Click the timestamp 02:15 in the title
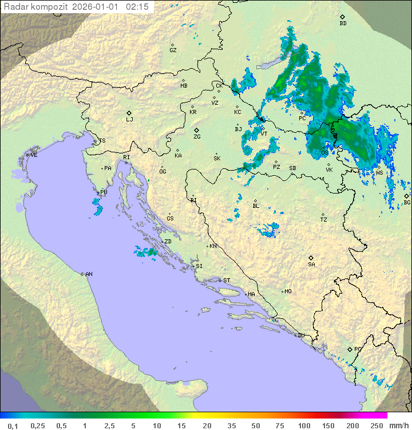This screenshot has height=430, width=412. click(x=137, y=7)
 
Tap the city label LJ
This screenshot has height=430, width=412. click(x=129, y=119)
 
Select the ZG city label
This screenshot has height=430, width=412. click(x=197, y=137)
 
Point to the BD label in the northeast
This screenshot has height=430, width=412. click(x=343, y=23)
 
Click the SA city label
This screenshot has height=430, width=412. click(x=311, y=264)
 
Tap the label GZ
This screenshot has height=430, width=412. click(x=173, y=50)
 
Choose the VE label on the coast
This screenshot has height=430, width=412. click(x=34, y=155)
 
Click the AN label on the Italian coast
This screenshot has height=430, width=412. click(x=89, y=274)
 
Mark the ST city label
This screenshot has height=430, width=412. click(x=227, y=281)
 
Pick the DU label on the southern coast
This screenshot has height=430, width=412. click(x=300, y=336)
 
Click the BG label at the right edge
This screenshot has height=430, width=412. click(x=407, y=202)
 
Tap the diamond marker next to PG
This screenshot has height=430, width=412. click(x=350, y=349)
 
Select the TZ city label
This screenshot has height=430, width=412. click(x=324, y=219)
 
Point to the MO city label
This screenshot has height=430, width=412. click(x=288, y=291)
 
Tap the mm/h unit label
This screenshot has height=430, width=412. click(x=399, y=425)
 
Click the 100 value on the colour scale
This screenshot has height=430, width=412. click(x=304, y=425)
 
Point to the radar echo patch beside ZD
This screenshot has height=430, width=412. click(x=146, y=251)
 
